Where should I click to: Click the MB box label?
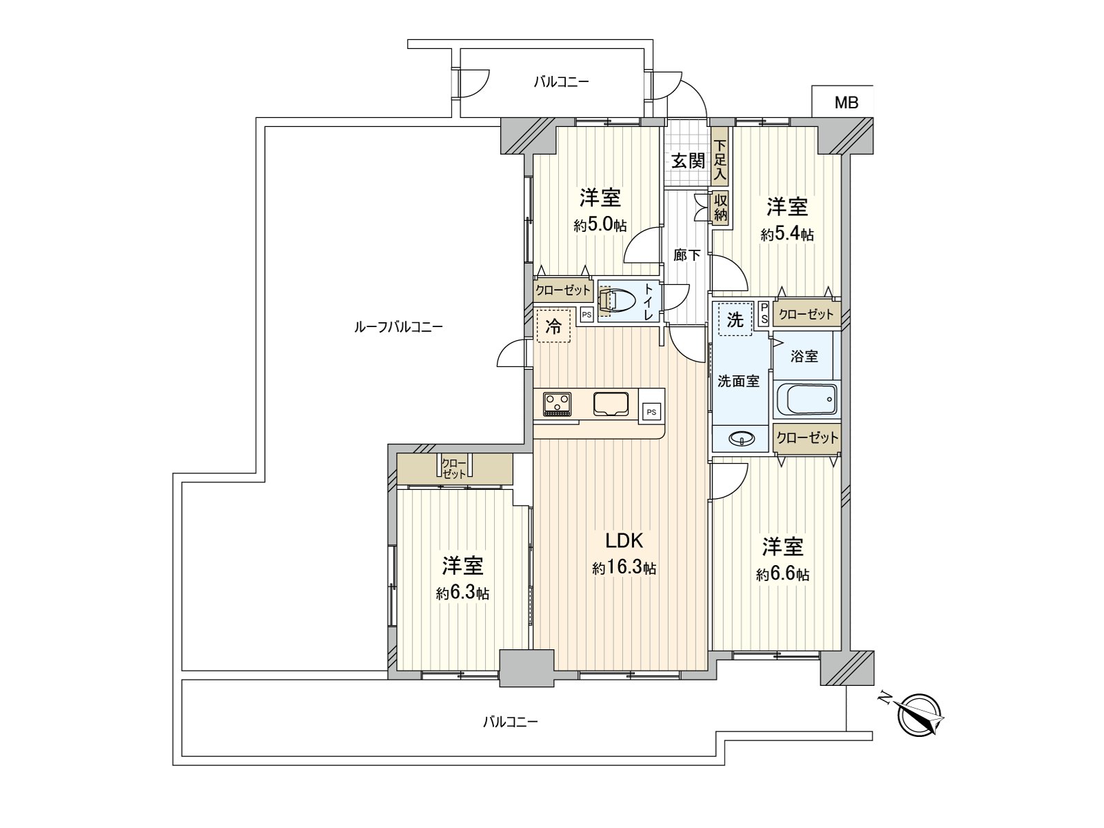click(846, 103)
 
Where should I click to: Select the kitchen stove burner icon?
click(557, 404)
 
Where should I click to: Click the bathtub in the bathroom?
click(806, 400)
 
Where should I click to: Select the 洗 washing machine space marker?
click(735, 319)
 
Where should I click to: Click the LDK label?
click(624, 540)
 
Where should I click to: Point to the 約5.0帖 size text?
click(600, 225)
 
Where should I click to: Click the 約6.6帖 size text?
click(782, 574)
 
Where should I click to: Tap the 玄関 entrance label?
click(688, 161)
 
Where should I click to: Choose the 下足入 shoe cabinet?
click(720, 160)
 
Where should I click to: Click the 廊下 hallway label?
click(687, 255)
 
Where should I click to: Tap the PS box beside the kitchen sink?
click(651, 411)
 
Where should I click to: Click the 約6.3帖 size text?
click(462, 593)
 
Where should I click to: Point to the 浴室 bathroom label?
click(804, 356)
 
